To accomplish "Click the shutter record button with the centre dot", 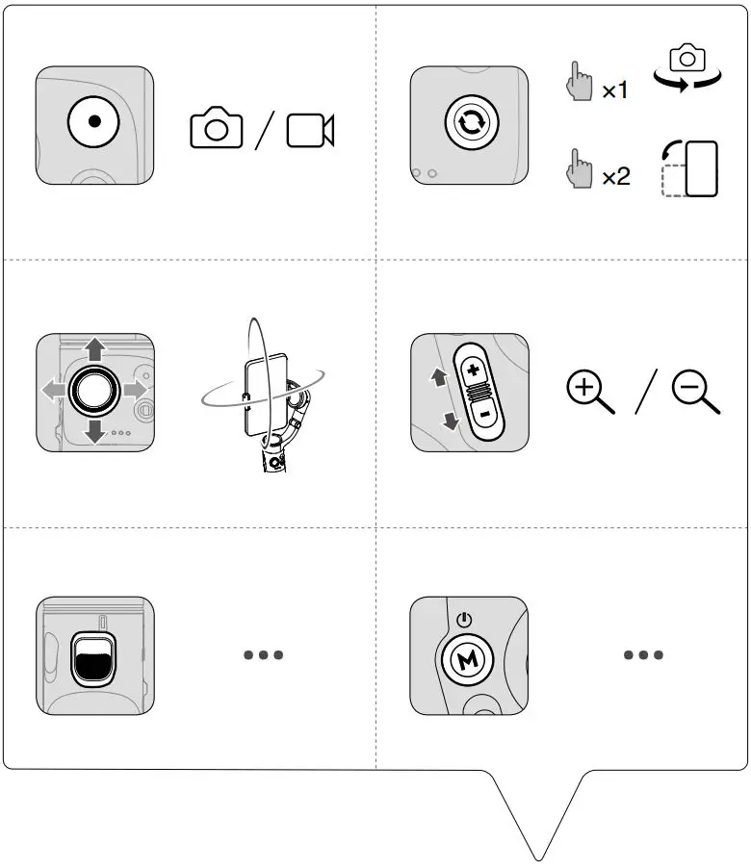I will (94, 123).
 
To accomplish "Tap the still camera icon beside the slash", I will (217, 129).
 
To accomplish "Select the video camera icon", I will (310, 130).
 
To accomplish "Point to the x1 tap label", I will (614, 91).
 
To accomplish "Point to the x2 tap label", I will (615, 176).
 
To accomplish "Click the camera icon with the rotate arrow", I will (687, 68).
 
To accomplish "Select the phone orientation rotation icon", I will (691, 168).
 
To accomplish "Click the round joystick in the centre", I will (94, 389).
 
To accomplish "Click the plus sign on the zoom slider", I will (473, 370).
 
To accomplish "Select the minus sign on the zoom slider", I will (483, 414).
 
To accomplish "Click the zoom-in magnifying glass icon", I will (590, 393).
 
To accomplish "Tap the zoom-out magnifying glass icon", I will (695, 393).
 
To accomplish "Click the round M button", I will (469, 659).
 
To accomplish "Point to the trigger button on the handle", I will (93, 660).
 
